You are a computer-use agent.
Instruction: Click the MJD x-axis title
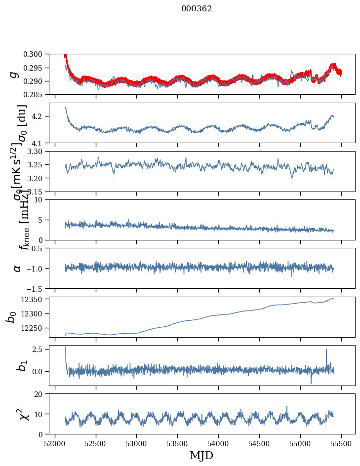(x=201, y=456)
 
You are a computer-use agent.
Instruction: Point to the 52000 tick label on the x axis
(x=55, y=443)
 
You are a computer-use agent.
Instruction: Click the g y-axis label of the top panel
(x=15, y=74)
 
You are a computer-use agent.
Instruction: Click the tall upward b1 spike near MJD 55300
(x=326, y=350)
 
